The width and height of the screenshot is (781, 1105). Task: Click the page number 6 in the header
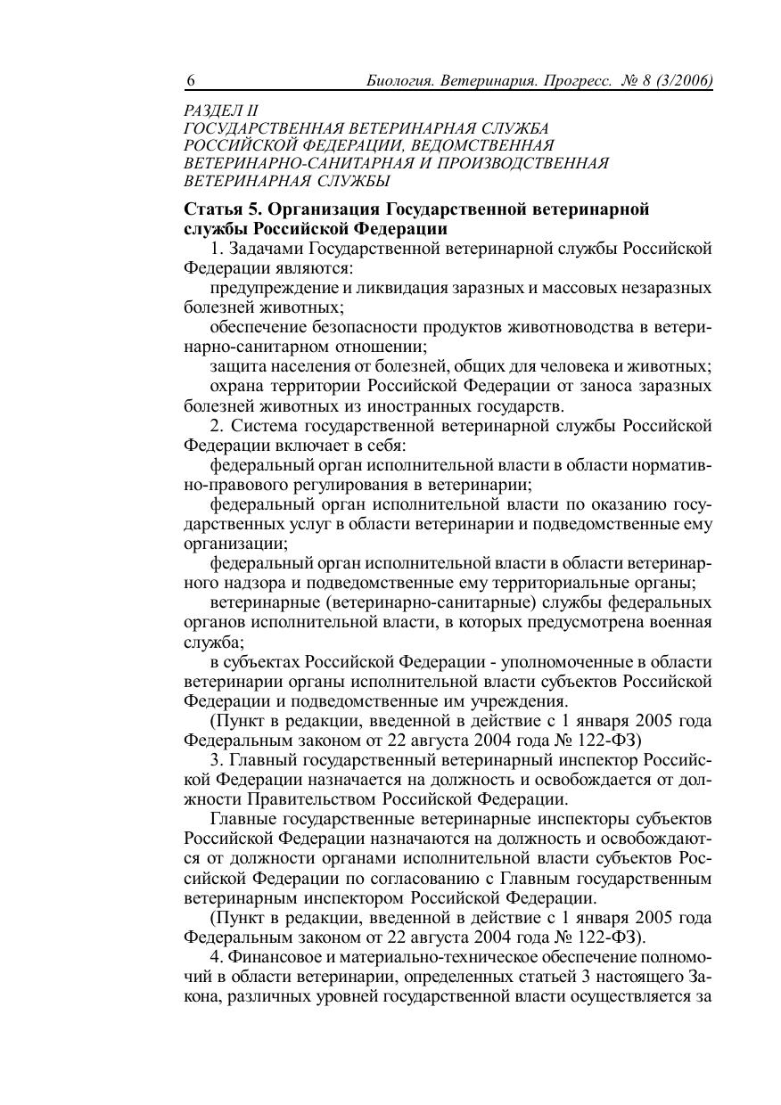coord(191,81)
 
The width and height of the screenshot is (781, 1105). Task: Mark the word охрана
coord(237,386)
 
